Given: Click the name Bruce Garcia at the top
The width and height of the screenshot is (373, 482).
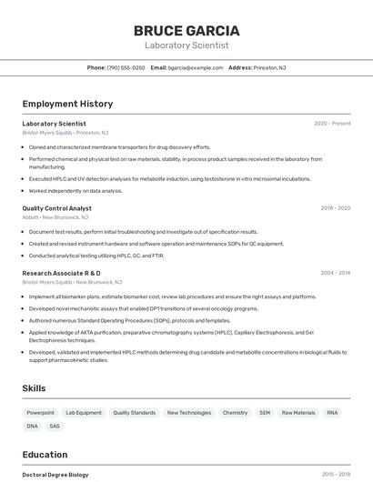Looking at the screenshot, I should pyautogui.click(x=186, y=30).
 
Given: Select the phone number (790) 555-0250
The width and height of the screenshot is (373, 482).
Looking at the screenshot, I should pyautogui.click(x=126, y=67).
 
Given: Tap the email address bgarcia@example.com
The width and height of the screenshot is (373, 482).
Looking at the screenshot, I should pyautogui.click(x=196, y=67).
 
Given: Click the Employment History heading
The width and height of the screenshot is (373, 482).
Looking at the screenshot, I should pyautogui.click(x=67, y=104).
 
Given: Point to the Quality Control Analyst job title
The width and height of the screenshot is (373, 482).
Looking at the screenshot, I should pyautogui.click(x=56, y=208).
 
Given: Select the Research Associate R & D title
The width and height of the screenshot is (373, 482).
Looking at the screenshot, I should pyautogui.click(x=61, y=273).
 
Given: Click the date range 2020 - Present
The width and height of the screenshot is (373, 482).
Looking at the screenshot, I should pyautogui.click(x=332, y=124).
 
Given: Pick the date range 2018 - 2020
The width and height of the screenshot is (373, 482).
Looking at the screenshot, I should pyautogui.click(x=335, y=208).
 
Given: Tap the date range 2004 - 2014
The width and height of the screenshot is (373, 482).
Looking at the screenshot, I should pyautogui.click(x=335, y=273).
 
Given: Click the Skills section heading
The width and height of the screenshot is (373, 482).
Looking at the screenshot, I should pyautogui.click(x=34, y=388).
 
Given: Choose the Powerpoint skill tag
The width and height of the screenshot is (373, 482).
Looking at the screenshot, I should pyautogui.click(x=40, y=413).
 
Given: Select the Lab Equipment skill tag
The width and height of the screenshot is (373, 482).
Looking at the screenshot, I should pyautogui.click(x=84, y=413).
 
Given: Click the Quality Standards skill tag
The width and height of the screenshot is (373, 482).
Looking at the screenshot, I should pyautogui.click(x=134, y=413).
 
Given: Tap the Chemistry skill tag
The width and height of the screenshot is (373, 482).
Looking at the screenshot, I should pyautogui.click(x=235, y=413).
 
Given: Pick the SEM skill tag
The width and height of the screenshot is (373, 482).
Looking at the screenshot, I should pyautogui.click(x=265, y=413).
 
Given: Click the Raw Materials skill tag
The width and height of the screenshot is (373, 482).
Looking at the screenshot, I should pyautogui.click(x=298, y=413).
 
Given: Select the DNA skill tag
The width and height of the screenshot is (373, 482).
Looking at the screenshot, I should pyautogui.click(x=33, y=426).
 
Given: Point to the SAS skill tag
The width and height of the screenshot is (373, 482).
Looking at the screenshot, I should pyautogui.click(x=55, y=426).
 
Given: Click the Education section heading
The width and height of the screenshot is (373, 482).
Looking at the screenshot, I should pyautogui.click(x=45, y=455).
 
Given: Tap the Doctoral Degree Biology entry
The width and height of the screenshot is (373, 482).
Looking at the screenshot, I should pyautogui.click(x=55, y=475).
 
